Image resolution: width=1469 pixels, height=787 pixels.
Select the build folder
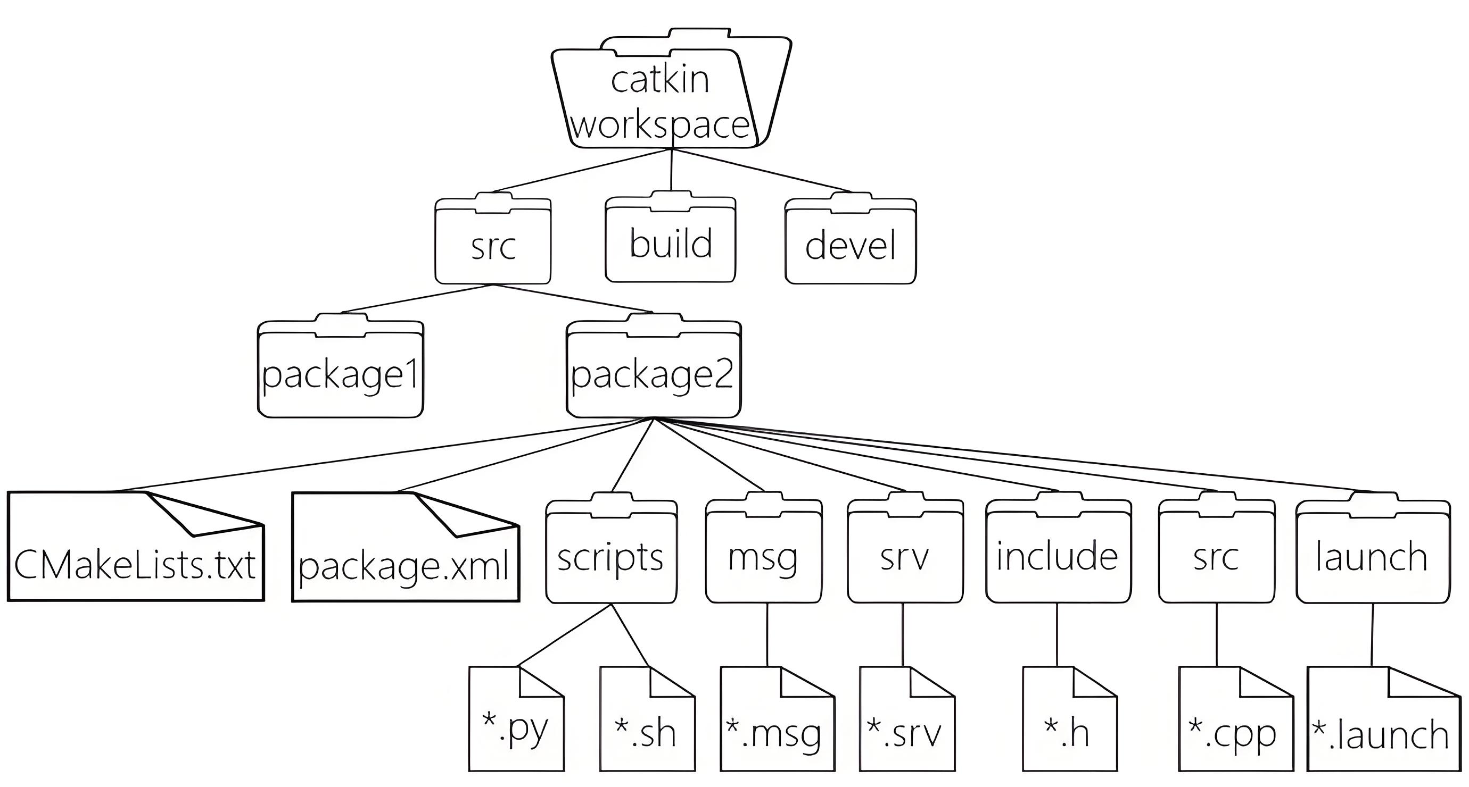click(x=671, y=242)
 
